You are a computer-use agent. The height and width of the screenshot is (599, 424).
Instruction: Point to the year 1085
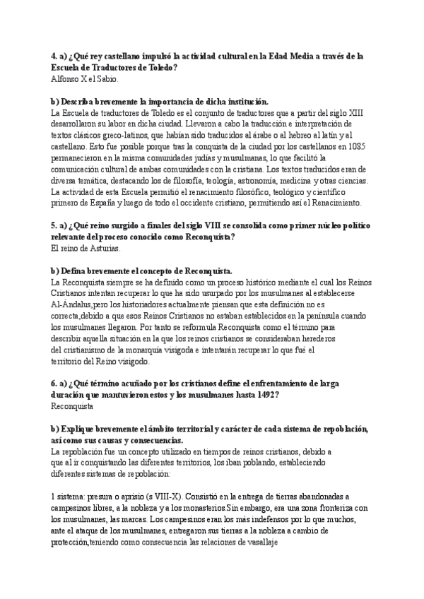355,146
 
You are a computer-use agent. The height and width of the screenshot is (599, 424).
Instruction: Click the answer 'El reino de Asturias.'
86,249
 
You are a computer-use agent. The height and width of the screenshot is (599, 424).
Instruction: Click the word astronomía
257,180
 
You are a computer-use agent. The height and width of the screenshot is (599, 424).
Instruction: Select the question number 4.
54,56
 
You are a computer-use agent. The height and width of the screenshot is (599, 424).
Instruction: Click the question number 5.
54,225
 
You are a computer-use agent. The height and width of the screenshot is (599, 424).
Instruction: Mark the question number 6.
54,384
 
